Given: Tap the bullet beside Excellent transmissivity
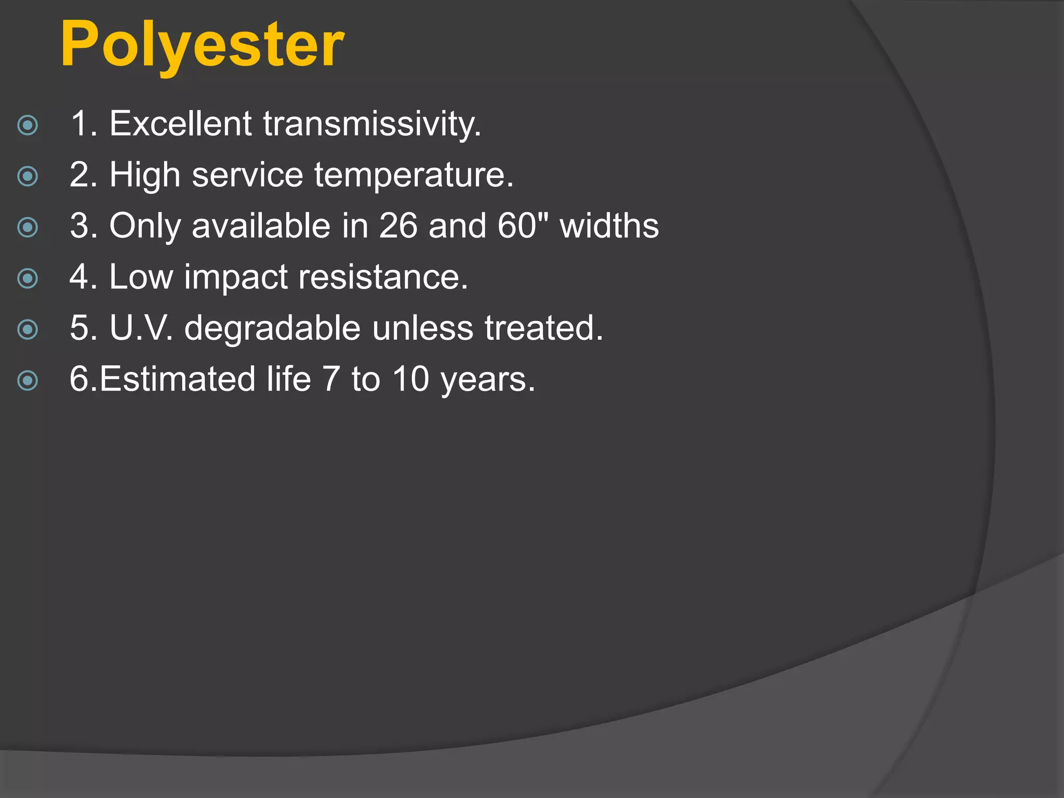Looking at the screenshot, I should click(28, 125).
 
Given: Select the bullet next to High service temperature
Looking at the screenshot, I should click(28, 176).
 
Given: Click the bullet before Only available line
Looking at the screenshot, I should click(28, 227).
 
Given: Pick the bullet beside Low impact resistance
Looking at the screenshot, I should click(28, 278).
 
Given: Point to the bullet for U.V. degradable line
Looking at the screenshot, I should click(28, 329).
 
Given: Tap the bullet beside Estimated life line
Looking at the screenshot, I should click(28, 380).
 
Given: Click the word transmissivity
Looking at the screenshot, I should click(372, 124).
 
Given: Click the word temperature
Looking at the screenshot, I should click(414, 175).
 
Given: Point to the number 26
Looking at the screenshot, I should click(398, 226).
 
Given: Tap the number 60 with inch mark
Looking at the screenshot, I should click(523, 226).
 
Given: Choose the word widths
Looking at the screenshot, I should click(609, 226).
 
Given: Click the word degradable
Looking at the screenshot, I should click(272, 328).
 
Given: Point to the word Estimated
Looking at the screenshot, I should click(177, 379).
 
